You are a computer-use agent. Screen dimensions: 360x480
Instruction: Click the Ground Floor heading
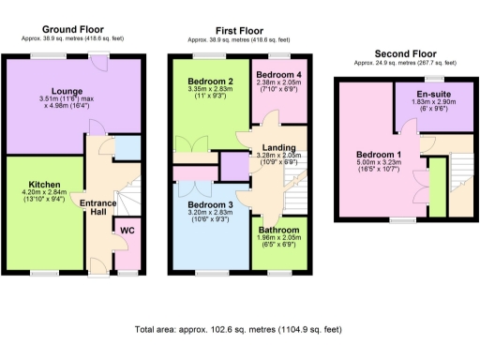pyautogui.click(x=72, y=30)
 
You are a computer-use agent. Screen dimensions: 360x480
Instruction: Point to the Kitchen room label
pyautogui.click(x=45, y=185)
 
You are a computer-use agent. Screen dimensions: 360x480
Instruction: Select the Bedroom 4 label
pyautogui.click(x=277, y=75)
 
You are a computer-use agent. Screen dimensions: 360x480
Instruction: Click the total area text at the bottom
pyautogui.click(x=239, y=330)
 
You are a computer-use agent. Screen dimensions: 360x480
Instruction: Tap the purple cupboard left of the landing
pyautogui.click(x=232, y=165)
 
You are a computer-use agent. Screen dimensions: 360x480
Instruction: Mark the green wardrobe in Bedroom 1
pyautogui.click(x=437, y=187)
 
